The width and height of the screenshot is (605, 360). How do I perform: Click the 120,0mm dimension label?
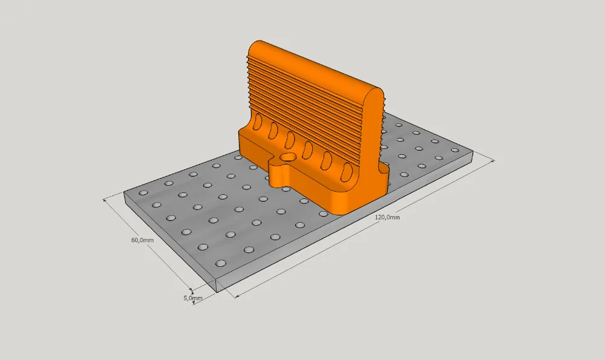click(387, 217)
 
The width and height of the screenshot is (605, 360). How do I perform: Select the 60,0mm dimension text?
click(142, 240)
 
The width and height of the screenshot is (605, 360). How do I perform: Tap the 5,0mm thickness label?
click(192, 298)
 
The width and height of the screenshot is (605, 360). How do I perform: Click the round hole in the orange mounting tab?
click(287, 157)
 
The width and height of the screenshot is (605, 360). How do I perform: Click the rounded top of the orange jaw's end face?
click(374, 94)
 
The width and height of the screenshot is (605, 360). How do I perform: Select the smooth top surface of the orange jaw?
click(313, 65)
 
